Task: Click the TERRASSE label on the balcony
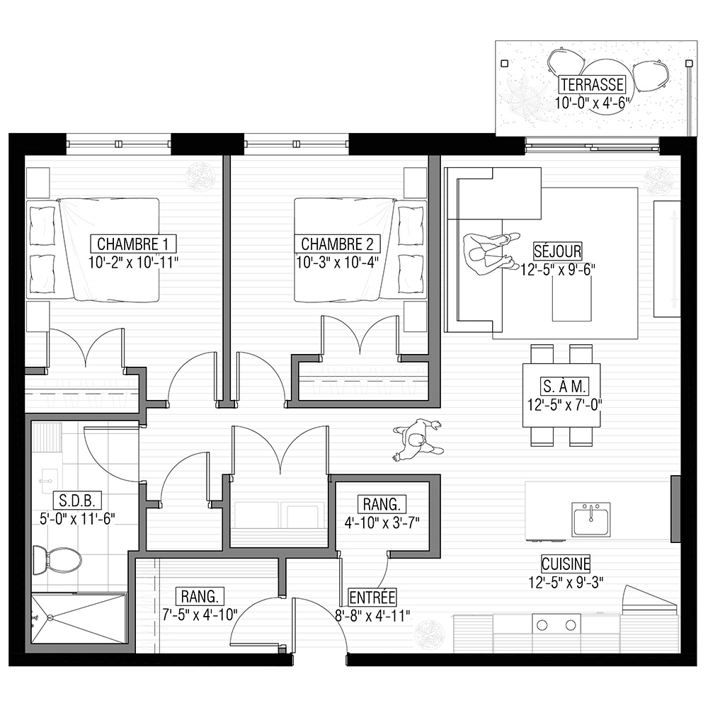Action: click(x=592, y=84)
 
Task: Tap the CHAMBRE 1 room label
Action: click(x=133, y=244)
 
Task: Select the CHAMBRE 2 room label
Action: click(x=337, y=244)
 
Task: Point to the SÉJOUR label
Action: click(x=558, y=251)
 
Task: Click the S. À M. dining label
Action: click(x=564, y=386)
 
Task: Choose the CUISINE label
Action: click(x=566, y=564)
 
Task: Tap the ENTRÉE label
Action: click(x=372, y=597)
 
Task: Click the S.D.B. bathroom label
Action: click(x=76, y=501)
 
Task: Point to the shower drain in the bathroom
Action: click(x=50, y=617)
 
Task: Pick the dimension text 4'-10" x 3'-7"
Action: click(x=382, y=523)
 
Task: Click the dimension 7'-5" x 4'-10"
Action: click(x=200, y=614)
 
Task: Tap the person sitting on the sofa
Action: click(x=491, y=255)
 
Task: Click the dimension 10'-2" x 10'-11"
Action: click(x=134, y=263)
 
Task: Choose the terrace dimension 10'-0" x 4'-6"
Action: click(x=592, y=103)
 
